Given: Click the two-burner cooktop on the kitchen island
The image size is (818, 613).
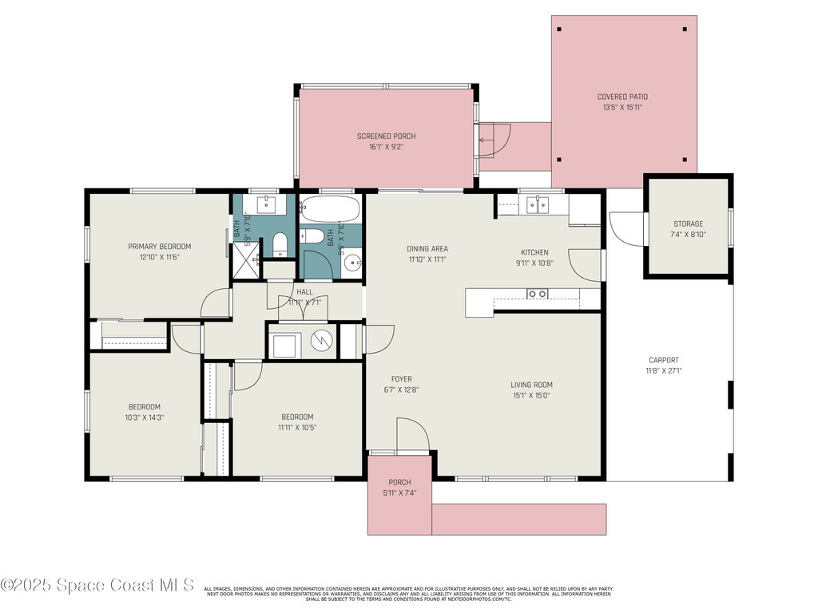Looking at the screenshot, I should click(x=537, y=294).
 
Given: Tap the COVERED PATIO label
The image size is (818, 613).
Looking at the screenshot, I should click(x=622, y=97).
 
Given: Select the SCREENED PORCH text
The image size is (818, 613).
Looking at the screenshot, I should click(x=386, y=136).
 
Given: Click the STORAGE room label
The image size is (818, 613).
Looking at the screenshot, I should click(x=687, y=223).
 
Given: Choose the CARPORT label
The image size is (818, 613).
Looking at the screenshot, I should click(x=663, y=360).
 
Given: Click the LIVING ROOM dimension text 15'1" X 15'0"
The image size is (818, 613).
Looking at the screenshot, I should click(x=531, y=395).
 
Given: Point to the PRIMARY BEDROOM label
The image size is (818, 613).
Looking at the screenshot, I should click(x=160, y=247).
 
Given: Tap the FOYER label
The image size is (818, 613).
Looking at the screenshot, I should click(x=401, y=379).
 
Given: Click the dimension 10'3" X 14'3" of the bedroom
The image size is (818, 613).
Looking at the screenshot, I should click(x=145, y=417).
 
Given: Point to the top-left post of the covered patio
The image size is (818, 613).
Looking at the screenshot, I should click(x=559, y=30).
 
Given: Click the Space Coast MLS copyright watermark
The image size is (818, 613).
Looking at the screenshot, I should click(x=97, y=585).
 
